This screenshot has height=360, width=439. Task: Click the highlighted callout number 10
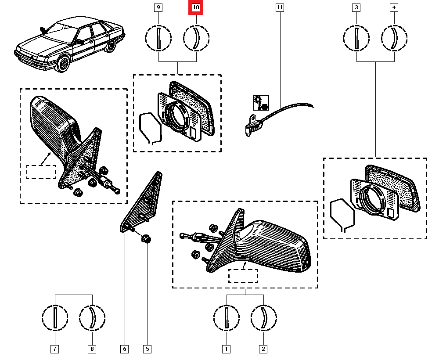196,7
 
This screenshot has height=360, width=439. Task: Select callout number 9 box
158,7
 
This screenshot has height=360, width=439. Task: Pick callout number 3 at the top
356,7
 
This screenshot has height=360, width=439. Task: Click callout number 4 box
394,7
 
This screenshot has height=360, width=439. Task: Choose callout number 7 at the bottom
54,349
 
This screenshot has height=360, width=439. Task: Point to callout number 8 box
92,349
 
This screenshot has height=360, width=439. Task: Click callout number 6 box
125,349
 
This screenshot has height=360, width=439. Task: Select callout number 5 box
147,349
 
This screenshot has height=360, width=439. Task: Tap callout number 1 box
226,349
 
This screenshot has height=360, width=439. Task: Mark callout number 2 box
263,349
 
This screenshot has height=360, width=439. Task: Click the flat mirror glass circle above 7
55,317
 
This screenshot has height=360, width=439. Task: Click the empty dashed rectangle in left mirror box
41,172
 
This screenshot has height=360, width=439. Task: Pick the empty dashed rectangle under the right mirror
243,276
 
